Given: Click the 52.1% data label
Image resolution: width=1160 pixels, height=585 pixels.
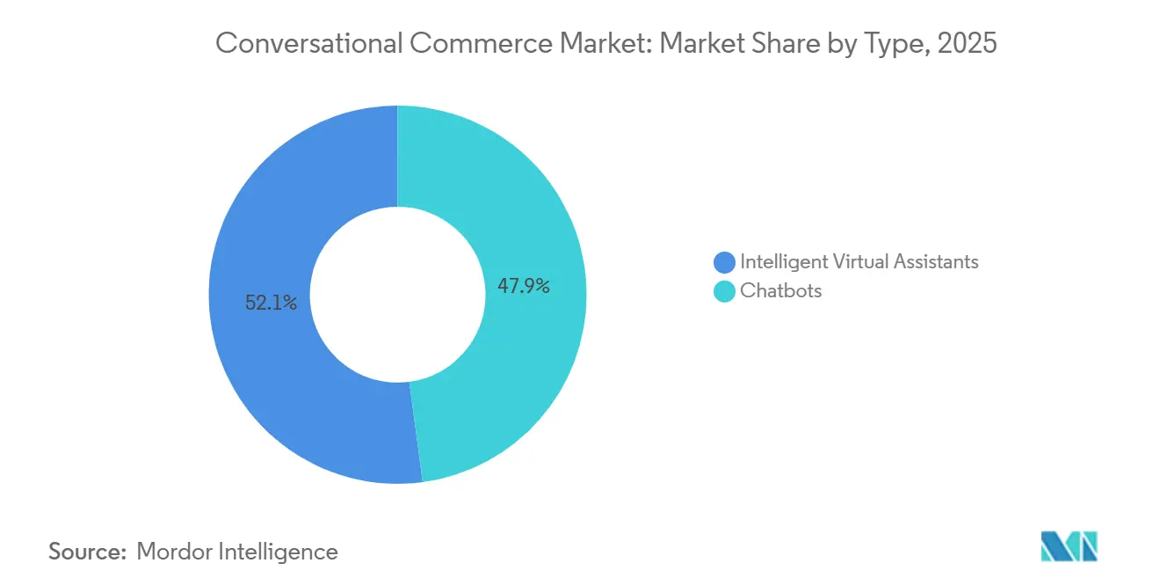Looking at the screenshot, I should tap(271, 303).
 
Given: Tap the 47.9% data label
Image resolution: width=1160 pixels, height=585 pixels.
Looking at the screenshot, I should tap(524, 286).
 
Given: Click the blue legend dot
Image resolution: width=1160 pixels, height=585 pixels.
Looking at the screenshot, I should tap(724, 262).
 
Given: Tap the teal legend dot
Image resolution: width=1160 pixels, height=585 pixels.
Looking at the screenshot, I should tap(724, 291).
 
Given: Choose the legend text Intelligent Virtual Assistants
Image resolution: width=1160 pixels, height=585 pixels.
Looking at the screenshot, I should tap(859, 261).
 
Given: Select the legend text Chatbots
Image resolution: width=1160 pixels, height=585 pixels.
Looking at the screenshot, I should tap(780, 291).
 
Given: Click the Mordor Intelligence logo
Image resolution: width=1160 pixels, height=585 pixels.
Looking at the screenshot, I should tap(1069, 546).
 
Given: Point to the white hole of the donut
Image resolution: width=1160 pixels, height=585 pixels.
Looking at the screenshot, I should tap(397, 295).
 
